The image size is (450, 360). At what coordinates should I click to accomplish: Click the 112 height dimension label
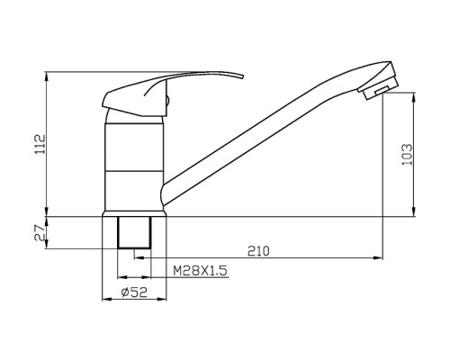pyautogui.click(x=40, y=144)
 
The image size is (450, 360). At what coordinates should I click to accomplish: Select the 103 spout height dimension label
pyautogui.click(x=407, y=155)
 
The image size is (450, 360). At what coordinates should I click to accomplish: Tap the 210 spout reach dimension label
pyautogui.click(x=258, y=251)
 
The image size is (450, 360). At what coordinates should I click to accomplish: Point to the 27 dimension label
pyautogui.click(x=40, y=232)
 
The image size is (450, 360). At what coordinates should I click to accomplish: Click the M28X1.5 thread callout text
pyautogui.click(x=200, y=271)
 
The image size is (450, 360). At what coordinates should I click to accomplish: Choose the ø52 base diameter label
pyautogui.click(x=134, y=292)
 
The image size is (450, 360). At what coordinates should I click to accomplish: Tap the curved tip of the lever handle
pyautogui.click(x=238, y=76)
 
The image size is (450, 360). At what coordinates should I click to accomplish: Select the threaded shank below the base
pyautogui.click(x=134, y=232)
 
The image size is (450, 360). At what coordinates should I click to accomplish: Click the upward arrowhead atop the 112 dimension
pyautogui.click(x=47, y=76)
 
